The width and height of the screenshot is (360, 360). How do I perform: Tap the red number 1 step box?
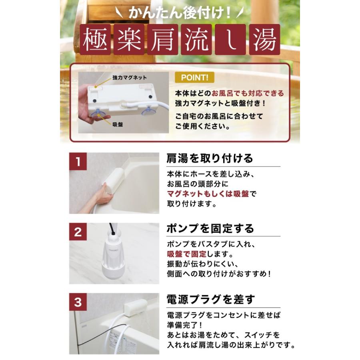pos(78,162)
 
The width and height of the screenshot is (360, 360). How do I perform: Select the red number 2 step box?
pos(78,232)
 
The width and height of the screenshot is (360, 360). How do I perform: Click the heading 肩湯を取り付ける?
pos(210,158)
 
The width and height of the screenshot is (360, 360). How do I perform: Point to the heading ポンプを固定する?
pos(210,229)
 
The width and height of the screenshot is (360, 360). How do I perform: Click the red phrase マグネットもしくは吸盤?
pos(208,194)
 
